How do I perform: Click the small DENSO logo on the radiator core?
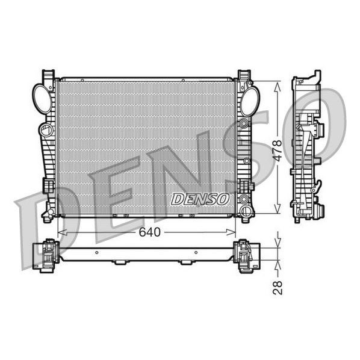[x=200, y=199]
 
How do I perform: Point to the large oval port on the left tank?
[x=42, y=98]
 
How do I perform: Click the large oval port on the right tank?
[x=249, y=101]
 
